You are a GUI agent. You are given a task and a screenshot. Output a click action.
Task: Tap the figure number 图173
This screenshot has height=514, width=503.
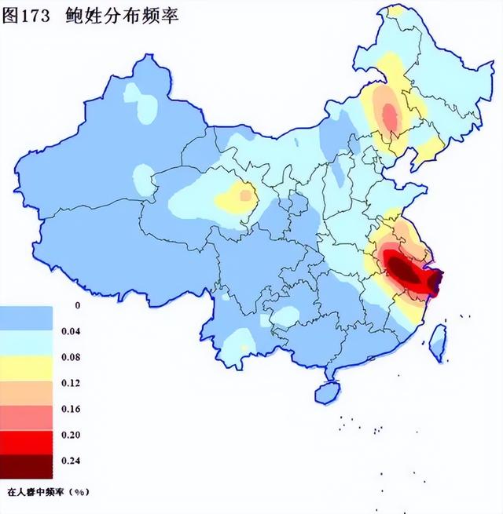[34, 16]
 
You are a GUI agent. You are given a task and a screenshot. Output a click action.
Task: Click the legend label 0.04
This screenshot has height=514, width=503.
[71, 331]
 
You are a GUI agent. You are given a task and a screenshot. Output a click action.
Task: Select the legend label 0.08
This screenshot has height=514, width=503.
[71, 357]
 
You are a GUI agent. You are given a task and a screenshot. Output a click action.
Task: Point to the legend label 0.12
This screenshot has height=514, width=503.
[71, 383]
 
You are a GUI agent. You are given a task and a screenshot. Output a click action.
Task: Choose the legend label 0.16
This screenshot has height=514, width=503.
[71, 409]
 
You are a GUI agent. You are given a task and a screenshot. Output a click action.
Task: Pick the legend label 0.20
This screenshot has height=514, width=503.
[71, 435]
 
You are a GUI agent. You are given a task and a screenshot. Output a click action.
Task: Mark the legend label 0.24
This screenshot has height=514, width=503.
[71, 461]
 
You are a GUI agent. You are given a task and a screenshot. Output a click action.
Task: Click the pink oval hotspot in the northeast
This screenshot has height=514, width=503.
[388, 114]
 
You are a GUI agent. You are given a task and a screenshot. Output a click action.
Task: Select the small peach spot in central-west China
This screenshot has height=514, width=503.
[246, 193]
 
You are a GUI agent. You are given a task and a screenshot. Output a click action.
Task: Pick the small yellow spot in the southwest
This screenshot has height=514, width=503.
[244, 347]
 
